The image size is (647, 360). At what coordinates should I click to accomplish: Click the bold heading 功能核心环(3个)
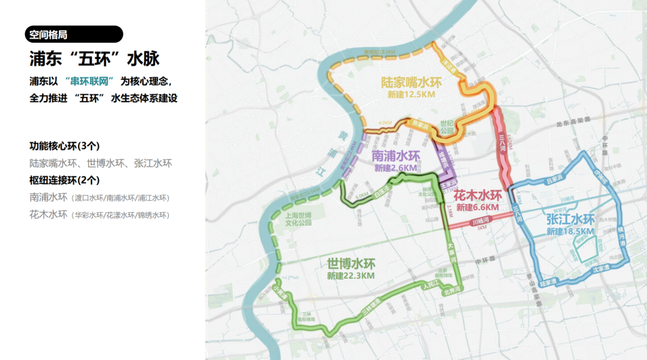64,146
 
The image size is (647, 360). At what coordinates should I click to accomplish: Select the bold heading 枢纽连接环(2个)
64,180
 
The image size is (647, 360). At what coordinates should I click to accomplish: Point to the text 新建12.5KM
411,96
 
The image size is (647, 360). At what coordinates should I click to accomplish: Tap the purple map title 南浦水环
396,156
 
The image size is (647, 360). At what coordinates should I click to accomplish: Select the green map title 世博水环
351,263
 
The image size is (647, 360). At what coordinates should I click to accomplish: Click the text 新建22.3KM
351,276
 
